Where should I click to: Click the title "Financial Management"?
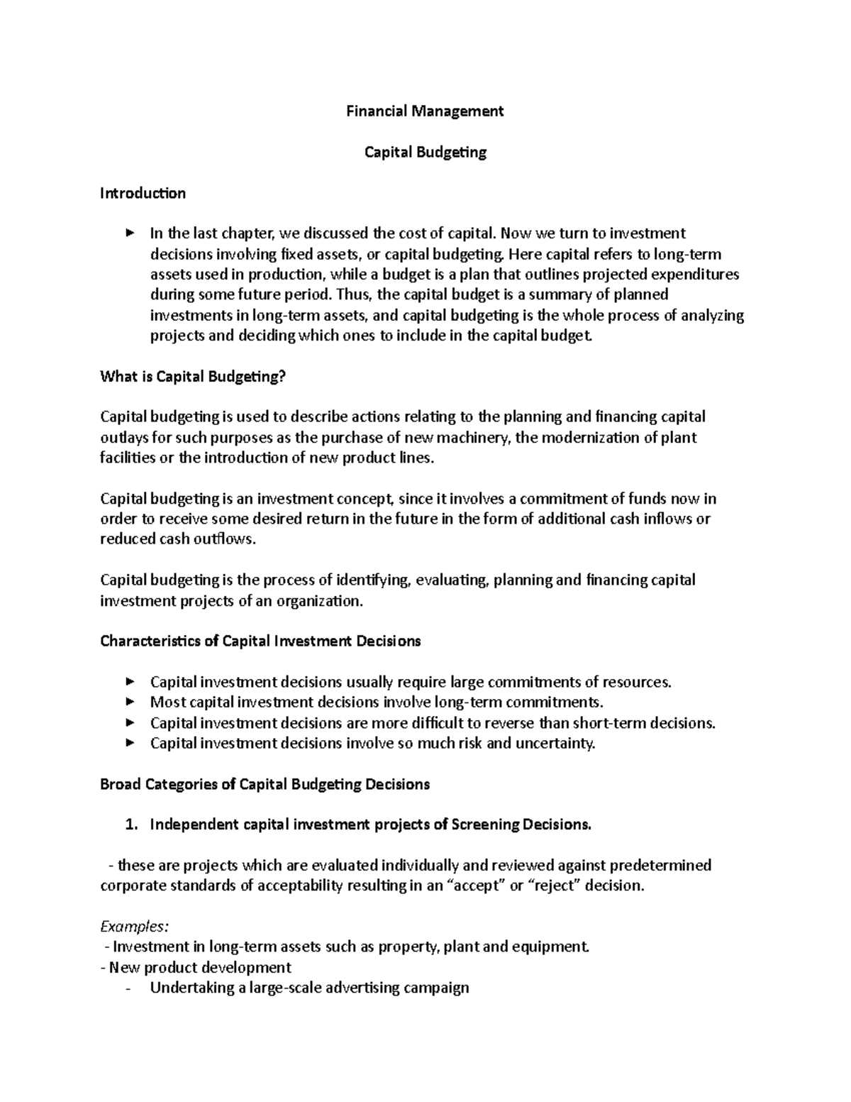click(425, 111)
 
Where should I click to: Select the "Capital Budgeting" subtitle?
click(425, 152)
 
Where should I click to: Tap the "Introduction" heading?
click(143, 193)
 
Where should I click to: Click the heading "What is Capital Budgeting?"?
click(192, 377)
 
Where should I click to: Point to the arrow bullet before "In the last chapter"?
click(129, 233)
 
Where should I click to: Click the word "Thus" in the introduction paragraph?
click(351, 294)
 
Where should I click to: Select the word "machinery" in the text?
click(479, 438)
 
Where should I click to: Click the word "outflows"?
click(223, 539)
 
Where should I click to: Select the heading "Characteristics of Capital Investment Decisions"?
click(260, 641)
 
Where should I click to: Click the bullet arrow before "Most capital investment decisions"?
click(129, 702)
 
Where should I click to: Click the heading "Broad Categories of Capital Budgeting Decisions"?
click(265, 785)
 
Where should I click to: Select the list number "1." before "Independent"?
click(130, 825)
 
